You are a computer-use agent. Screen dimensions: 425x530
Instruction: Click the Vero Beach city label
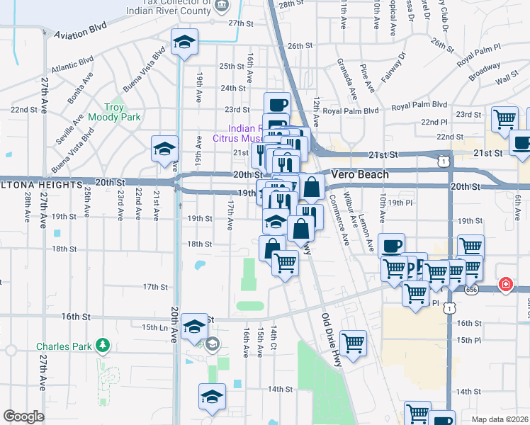pos(360,174)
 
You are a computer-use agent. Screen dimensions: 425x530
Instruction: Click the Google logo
pos(23,416)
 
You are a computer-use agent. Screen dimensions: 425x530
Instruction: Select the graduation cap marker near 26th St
pos(184,42)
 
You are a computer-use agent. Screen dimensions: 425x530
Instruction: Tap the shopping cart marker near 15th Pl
pos(353,344)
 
